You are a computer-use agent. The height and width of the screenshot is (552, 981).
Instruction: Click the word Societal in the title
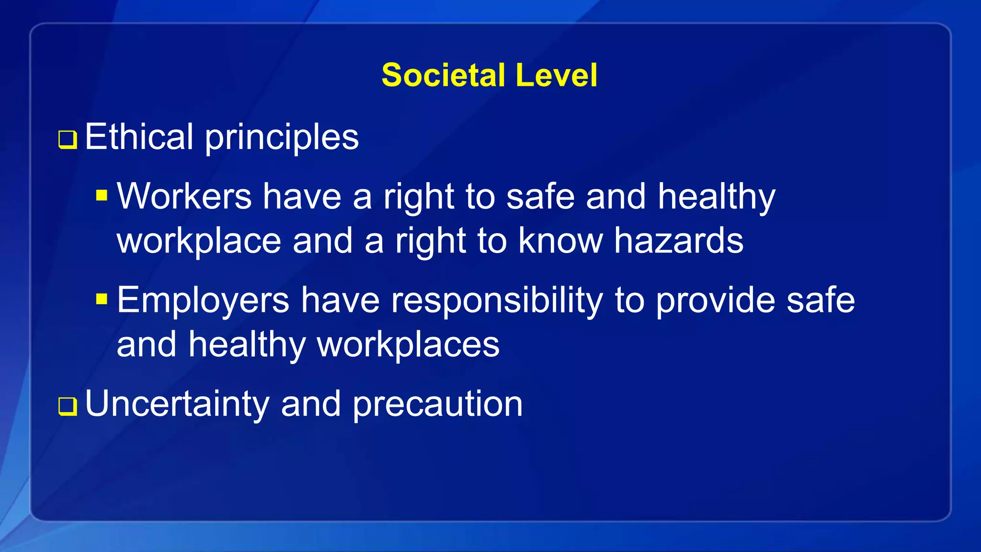coord(443,76)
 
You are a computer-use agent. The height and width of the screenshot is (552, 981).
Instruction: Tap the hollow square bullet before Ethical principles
coord(68,140)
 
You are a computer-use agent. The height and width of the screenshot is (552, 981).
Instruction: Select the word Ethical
coord(139,137)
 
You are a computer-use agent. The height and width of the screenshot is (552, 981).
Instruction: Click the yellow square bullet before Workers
coord(102,195)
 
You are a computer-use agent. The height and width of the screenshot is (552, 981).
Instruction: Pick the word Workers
coord(184,196)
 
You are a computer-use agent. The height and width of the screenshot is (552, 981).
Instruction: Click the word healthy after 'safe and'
coord(716,197)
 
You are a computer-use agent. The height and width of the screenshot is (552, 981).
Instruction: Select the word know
coord(560,241)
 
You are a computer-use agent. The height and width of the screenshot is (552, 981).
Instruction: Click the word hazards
coord(679,241)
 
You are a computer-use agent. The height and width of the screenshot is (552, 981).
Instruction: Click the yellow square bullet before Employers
coord(102,299)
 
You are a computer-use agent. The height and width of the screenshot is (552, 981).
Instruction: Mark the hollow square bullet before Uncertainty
coord(68,406)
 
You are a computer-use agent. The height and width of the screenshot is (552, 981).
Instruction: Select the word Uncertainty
coord(177,404)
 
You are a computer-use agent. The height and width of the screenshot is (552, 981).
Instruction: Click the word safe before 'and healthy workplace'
coord(540,196)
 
